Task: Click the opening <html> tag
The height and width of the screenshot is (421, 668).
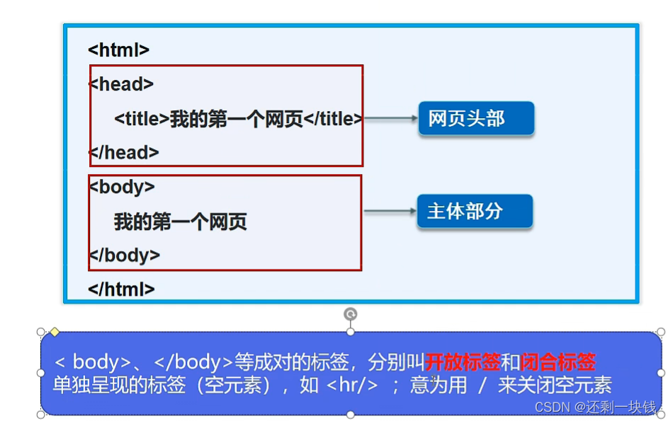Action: pyautogui.click(x=118, y=50)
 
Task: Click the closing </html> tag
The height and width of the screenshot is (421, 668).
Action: pyautogui.click(x=121, y=289)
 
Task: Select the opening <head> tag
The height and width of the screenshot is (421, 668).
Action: pyautogui.click(x=121, y=84)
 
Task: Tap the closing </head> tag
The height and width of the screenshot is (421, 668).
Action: pyautogui.click(x=124, y=152)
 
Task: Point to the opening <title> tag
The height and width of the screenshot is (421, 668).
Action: pyautogui.click(x=142, y=119)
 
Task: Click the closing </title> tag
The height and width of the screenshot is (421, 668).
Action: pyautogui.click(x=333, y=119)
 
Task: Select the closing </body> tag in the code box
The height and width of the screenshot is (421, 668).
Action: pyautogui.click(x=125, y=255)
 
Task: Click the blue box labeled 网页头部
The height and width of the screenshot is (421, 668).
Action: pyautogui.click(x=475, y=118)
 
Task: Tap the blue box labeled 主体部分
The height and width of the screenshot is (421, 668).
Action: pyautogui.click(x=474, y=211)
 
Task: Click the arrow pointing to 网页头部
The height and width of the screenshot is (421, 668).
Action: pyautogui.click(x=390, y=119)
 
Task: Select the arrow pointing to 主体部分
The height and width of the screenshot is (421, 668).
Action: pyautogui.click(x=389, y=211)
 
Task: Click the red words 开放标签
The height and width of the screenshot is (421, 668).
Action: pyautogui.click(x=463, y=362)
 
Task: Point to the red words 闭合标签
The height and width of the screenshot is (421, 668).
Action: pyautogui.click(x=558, y=362)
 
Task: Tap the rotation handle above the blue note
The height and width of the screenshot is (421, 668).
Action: pyautogui.click(x=350, y=314)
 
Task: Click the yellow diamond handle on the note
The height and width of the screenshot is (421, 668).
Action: pyautogui.click(x=54, y=331)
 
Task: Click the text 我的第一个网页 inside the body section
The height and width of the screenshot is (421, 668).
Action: pyautogui.click(x=181, y=222)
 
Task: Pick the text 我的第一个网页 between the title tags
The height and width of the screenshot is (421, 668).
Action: pyautogui.click(x=237, y=119)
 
